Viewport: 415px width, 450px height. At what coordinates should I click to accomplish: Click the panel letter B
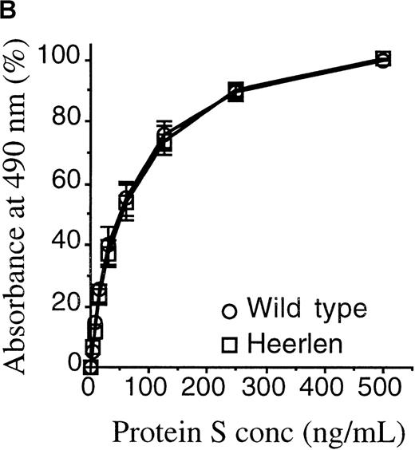coord(7,10)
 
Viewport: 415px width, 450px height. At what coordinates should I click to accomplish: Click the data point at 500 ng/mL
coord(383,59)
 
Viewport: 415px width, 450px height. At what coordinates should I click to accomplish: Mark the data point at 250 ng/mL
coord(235,91)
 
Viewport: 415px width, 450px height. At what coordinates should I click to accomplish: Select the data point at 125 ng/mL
coord(164,140)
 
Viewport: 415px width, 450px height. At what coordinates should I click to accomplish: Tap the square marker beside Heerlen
coord(231,345)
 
